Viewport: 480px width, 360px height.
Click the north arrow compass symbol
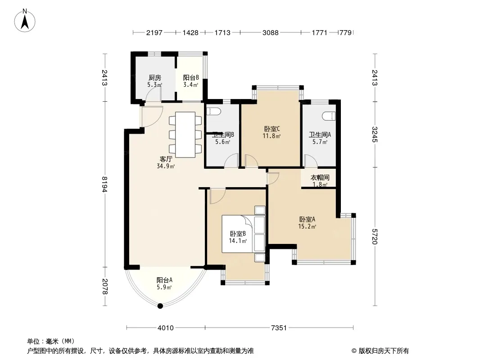coord(25,20)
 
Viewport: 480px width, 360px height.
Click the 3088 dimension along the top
coord(270,32)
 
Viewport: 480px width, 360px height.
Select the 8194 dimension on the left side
coord(105,184)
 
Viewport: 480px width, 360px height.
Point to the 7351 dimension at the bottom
coord(279,328)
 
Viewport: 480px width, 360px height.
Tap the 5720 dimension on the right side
coord(375,236)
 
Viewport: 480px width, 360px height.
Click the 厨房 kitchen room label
coord(155,78)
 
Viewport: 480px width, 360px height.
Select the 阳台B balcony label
coord(191,78)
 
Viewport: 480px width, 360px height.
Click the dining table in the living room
coord(185,135)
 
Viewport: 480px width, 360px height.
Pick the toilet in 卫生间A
coord(329,116)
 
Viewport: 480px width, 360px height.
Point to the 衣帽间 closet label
coord(320,177)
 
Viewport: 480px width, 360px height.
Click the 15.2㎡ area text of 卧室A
coord(307,226)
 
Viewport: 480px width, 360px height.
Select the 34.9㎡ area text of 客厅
coord(166,166)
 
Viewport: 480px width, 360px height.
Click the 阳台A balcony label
coord(164,280)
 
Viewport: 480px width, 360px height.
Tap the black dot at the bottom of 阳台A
coord(160,306)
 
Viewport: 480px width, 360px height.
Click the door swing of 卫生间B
coord(231,160)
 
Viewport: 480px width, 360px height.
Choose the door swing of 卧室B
coord(217,196)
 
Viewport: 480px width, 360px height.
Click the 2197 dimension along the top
coord(154,32)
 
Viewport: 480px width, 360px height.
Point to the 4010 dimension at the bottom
coord(166,328)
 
